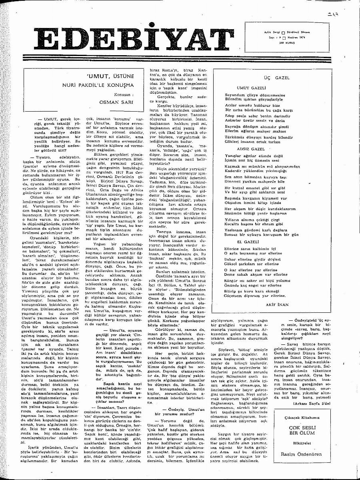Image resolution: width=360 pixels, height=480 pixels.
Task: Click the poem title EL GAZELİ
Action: (247, 242)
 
